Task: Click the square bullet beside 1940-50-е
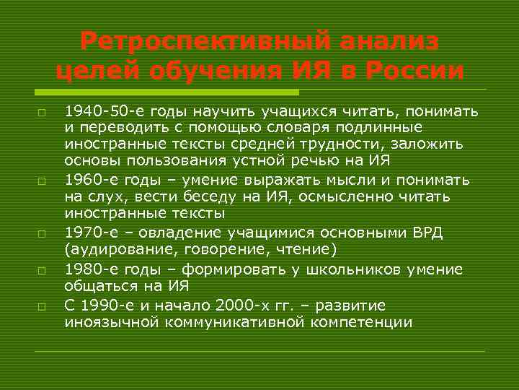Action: click(43, 113)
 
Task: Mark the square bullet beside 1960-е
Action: click(43, 180)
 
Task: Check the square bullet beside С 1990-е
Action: click(43, 307)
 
